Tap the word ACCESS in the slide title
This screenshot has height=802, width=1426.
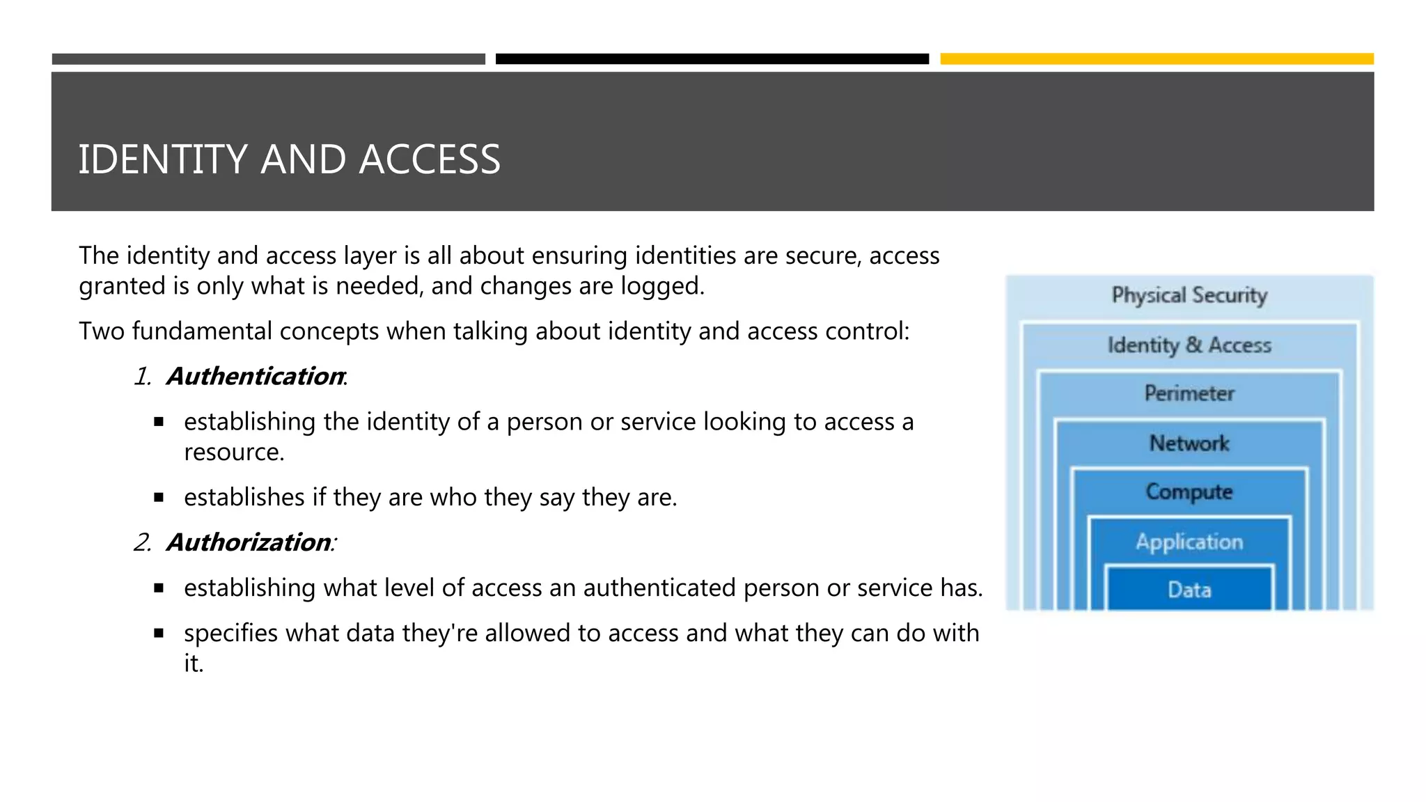430,159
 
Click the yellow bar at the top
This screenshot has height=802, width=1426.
1157,59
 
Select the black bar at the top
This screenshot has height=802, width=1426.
712,59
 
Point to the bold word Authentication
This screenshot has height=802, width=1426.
255,377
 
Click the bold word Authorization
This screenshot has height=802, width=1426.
249,542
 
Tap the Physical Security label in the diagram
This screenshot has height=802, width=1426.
1189,295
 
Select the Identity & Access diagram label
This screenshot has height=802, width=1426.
1189,345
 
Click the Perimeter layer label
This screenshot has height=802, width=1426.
1189,393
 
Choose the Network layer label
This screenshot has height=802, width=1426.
1189,443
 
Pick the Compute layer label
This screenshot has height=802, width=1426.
1189,492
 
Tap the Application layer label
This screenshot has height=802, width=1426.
1189,542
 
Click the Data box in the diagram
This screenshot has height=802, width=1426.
1189,590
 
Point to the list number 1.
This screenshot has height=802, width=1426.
142,377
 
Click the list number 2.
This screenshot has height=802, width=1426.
142,542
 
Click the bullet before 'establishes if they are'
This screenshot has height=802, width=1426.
159,498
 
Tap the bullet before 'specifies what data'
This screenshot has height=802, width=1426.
159,634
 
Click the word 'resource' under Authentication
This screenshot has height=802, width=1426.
233,453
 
